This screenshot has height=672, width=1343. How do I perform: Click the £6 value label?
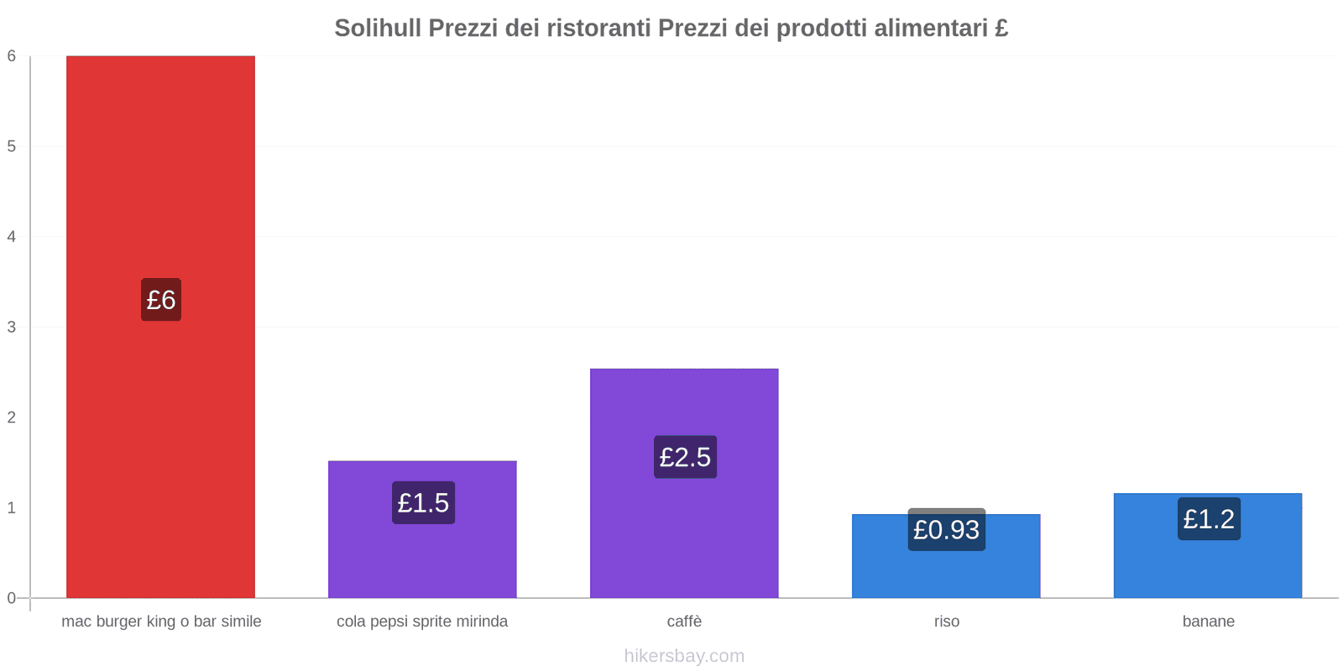pyautogui.click(x=160, y=300)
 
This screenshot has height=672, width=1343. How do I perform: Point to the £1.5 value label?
pyautogui.click(x=423, y=503)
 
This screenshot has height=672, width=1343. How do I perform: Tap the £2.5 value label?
pyautogui.click(x=685, y=457)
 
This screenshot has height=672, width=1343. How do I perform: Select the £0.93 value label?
pyautogui.click(x=946, y=530)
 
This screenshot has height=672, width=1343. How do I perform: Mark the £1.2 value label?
pyautogui.click(x=1209, y=519)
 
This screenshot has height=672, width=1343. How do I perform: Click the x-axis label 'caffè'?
pyautogui.click(x=684, y=622)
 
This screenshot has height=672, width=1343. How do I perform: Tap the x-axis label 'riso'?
pyautogui.click(x=946, y=622)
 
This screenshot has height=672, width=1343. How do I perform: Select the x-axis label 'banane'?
pyautogui.click(x=1208, y=622)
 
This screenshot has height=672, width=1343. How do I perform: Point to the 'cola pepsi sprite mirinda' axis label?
pyautogui.click(x=422, y=622)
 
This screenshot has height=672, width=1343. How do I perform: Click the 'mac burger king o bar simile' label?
pyautogui.click(x=161, y=622)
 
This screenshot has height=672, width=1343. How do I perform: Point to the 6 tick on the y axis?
pyautogui.click(x=12, y=56)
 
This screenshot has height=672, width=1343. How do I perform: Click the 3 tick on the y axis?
pyautogui.click(x=12, y=327)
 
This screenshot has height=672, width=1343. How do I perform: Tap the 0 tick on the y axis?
pyautogui.click(x=12, y=598)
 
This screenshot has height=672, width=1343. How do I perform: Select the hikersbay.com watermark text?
pyautogui.click(x=684, y=656)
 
